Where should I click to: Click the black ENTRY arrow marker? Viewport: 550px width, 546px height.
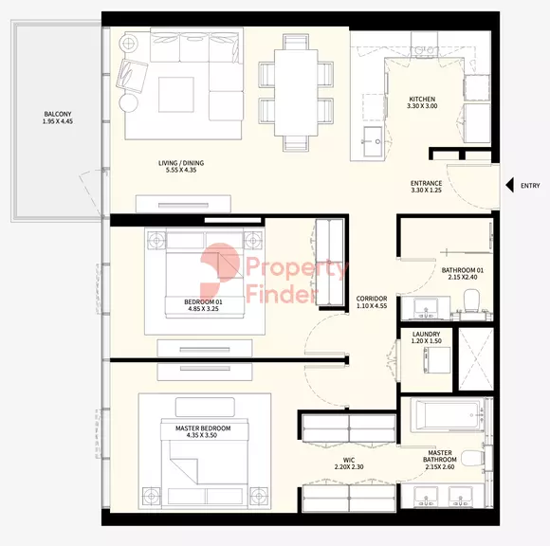510,185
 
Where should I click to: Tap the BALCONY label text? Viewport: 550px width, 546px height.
58,114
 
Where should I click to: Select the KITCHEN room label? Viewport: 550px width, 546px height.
422,100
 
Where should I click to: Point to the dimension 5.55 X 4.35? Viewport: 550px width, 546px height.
181,170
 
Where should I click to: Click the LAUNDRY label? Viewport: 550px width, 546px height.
426,335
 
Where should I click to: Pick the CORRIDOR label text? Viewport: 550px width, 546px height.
372,299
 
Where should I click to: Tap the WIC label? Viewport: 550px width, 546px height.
349,460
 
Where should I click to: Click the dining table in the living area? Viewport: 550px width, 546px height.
296,93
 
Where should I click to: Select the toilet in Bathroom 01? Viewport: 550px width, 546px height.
471,300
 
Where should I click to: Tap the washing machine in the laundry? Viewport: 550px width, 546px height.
437,360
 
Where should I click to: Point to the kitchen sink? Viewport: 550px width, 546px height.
373,141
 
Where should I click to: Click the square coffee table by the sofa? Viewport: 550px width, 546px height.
176,95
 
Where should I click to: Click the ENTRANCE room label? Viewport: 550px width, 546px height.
426,183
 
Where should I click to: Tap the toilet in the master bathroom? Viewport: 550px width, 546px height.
472,459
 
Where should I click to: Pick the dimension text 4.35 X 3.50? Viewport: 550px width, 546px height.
202,435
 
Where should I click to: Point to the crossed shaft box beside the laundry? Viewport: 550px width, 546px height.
476,359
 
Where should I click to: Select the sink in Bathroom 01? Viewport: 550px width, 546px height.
426,309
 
